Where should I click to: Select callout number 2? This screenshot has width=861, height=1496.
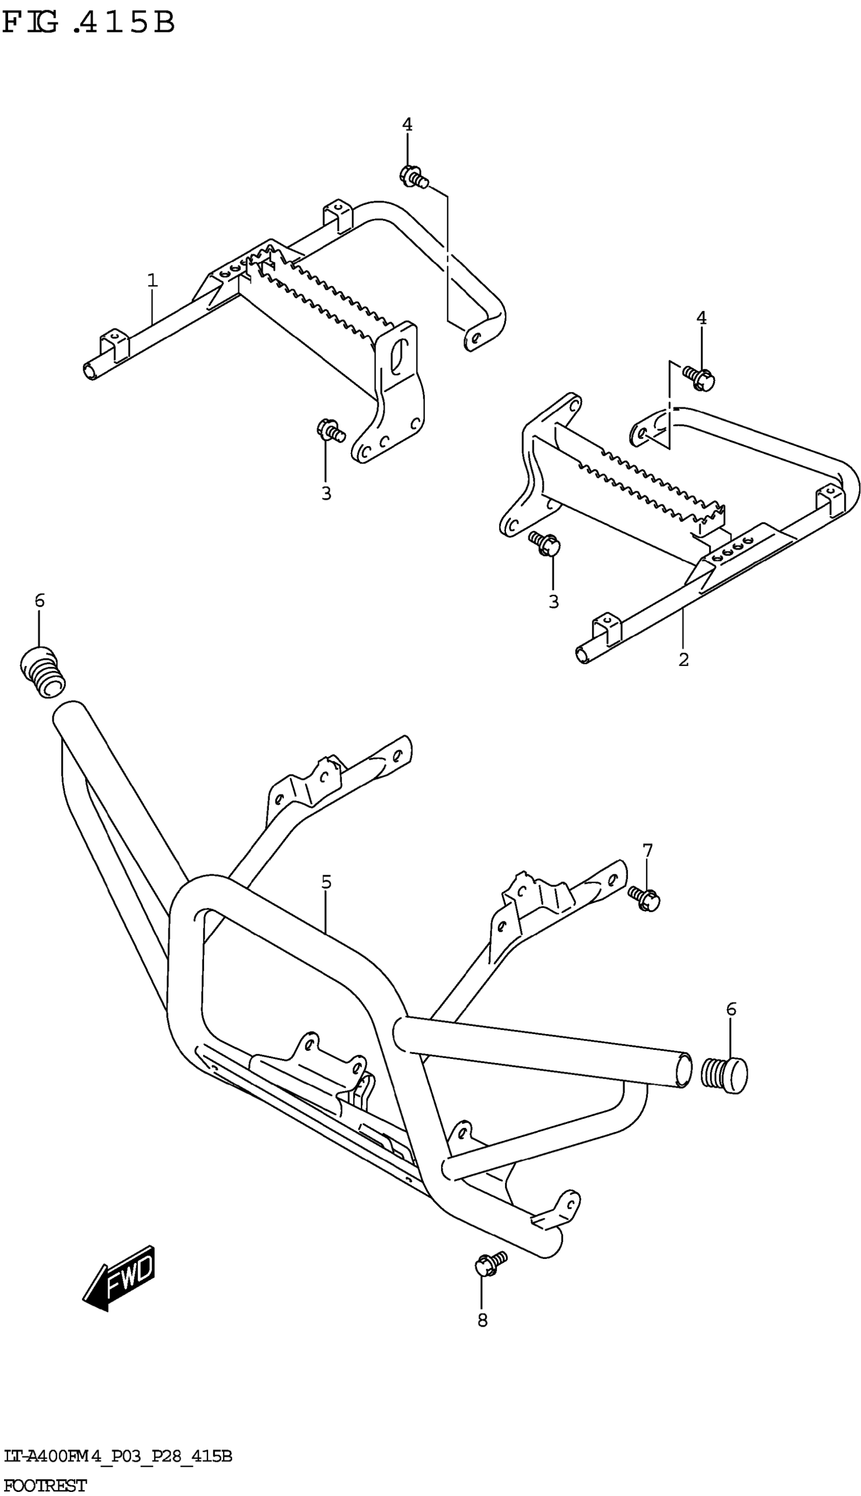click(684, 659)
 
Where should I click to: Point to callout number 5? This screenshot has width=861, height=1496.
click(326, 882)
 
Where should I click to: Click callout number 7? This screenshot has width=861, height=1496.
click(648, 850)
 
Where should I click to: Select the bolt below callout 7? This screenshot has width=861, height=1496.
click(643, 898)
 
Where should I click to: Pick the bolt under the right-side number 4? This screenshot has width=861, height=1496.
click(699, 377)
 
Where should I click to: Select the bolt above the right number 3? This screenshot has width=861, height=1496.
click(544, 543)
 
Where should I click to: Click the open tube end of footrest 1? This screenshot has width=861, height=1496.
click(91, 371)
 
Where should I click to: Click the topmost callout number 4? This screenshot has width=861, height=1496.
click(407, 124)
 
